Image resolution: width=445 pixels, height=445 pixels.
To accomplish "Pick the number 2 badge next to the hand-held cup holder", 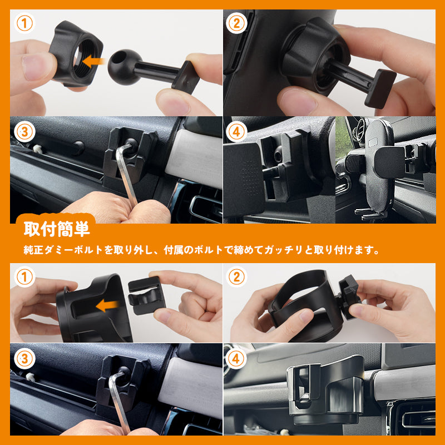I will pyautogui.click(x=237, y=276).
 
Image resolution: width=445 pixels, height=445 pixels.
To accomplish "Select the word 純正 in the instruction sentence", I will pyautogui.click(x=32, y=250).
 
